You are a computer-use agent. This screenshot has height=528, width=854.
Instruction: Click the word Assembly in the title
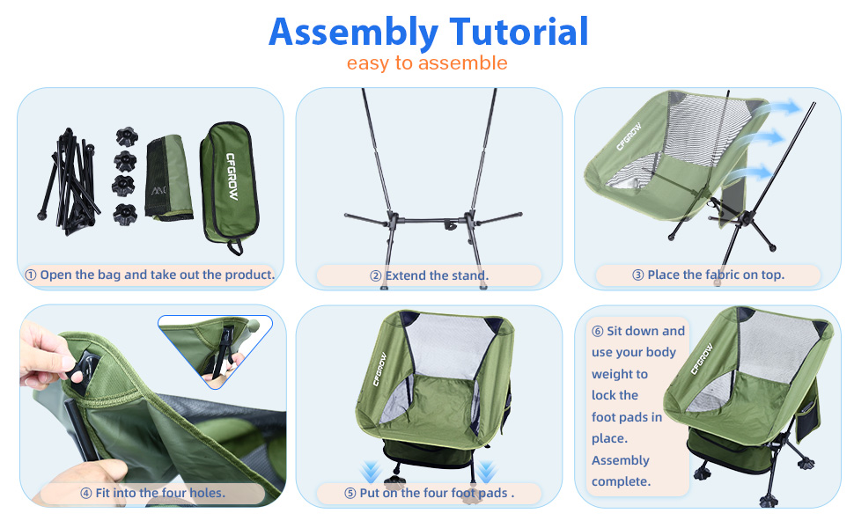click(353, 33)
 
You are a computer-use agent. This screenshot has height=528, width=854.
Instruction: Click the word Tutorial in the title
click(519, 31)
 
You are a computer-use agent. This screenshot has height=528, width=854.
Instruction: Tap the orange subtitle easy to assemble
click(427, 63)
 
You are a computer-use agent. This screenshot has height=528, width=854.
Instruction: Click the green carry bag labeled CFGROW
click(229, 187)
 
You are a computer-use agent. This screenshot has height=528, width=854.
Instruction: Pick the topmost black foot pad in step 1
click(127, 136)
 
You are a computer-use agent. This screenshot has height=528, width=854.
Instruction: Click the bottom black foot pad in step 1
click(125, 214)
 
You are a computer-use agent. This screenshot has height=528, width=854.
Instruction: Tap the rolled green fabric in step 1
click(169, 178)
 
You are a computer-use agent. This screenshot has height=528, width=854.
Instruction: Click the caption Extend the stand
click(437, 275)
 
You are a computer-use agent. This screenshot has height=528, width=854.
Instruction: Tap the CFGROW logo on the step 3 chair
click(629, 136)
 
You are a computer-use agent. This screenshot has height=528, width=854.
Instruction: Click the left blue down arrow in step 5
click(371, 472)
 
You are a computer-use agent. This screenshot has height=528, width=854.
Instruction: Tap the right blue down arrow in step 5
click(486, 472)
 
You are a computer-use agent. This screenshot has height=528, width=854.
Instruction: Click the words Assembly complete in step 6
click(621, 471)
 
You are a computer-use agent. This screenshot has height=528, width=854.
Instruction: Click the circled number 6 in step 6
click(598, 332)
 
